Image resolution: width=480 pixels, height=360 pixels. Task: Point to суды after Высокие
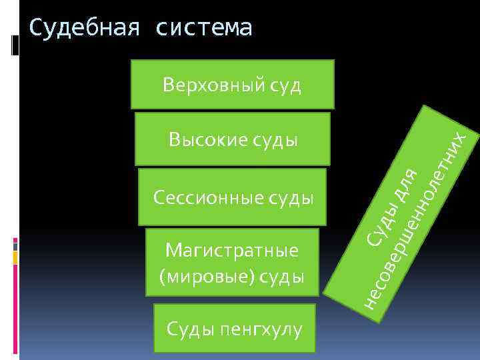coord(274,140)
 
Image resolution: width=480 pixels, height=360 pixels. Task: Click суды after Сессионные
coord(291,197)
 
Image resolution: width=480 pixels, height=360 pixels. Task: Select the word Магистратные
coord(231,251)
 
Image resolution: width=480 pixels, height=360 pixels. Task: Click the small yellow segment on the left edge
coord(15,256)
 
